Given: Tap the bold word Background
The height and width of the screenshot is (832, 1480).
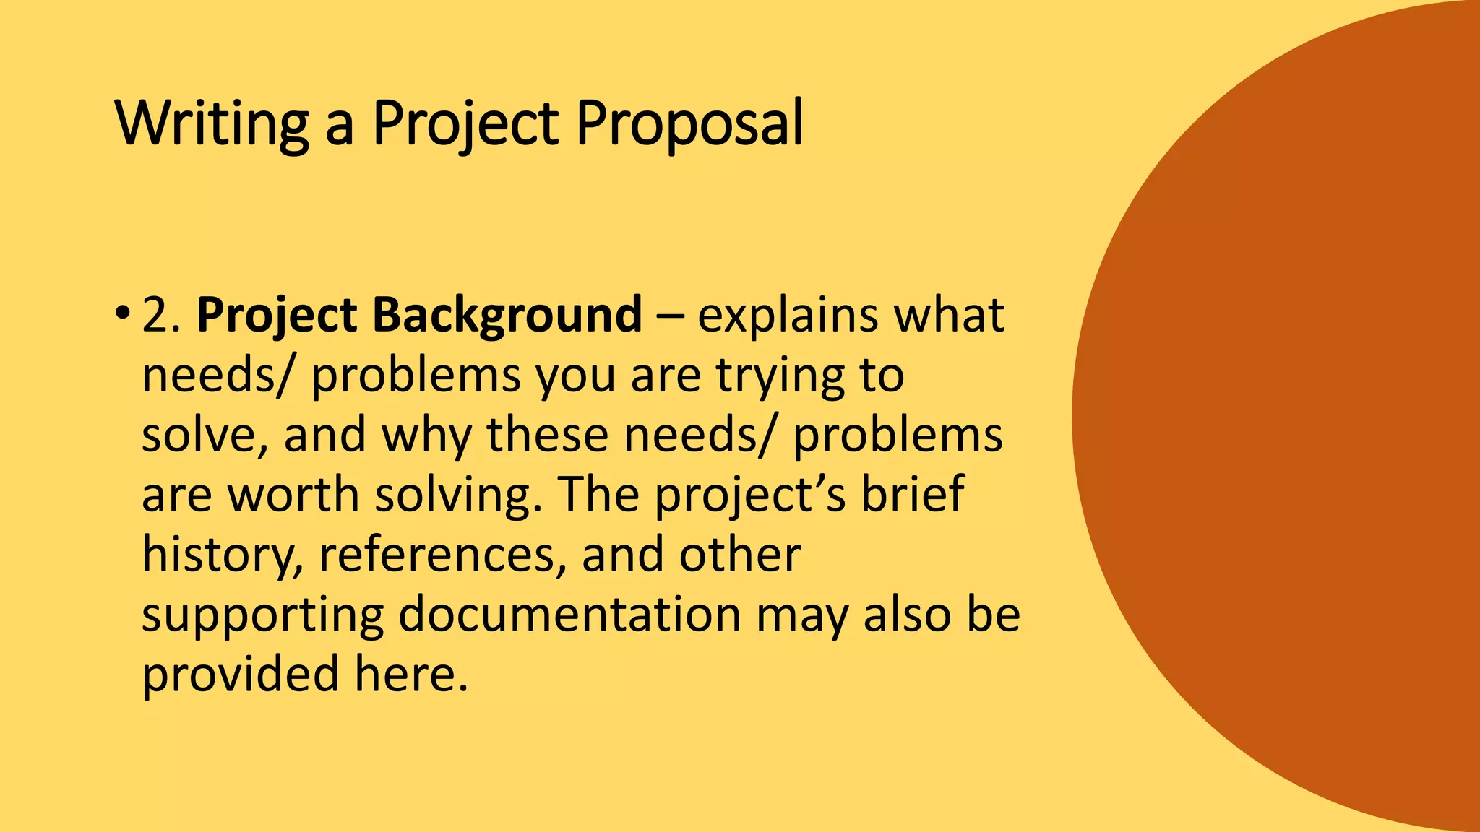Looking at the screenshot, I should (507, 316).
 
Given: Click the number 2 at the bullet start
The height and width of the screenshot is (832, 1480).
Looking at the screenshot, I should (158, 316).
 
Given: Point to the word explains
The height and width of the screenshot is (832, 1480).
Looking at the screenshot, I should (788, 316).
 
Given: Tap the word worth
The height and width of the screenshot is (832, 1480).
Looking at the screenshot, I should (293, 495).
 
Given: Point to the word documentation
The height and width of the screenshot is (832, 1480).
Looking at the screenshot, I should (569, 615).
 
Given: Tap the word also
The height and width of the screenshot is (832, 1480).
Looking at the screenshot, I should (907, 615).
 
